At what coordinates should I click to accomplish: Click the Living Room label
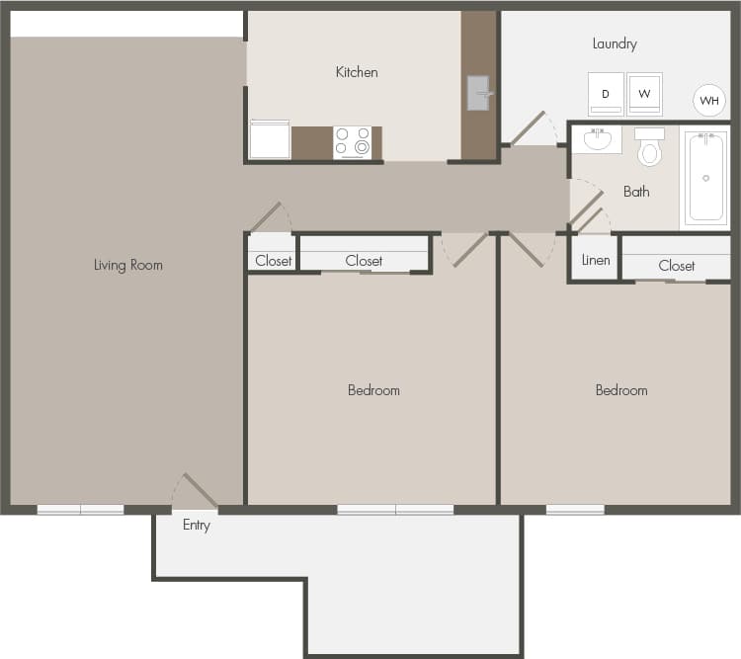pyautogui.click(x=127, y=265)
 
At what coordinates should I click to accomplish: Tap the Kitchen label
pyautogui.click(x=357, y=72)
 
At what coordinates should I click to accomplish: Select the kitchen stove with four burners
pyautogui.click(x=352, y=142)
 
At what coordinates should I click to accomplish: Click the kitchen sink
pyautogui.click(x=479, y=93)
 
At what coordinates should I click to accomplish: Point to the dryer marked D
pyautogui.click(x=606, y=94)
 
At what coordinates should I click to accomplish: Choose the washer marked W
pyautogui.click(x=644, y=94)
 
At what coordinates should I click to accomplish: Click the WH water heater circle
pyautogui.click(x=708, y=100)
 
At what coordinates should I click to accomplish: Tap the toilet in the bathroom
pyautogui.click(x=649, y=147)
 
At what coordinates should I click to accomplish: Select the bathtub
pyautogui.click(x=705, y=178)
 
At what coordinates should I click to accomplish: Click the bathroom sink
pyautogui.click(x=597, y=139)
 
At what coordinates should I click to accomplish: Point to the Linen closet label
pyautogui.click(x=596, y=261)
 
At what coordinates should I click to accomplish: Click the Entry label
pyautogui.click(x=197, y=526)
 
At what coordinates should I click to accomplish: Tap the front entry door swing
pyautogui.click(x=195, y=491)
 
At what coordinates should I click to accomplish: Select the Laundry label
pyautogui.click(x=615, y=43)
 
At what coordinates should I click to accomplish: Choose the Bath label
pyautogui.click(x=636, y=192)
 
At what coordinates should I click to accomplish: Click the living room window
pyautogui.click(x=81, y=510)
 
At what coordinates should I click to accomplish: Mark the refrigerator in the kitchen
pyautogui.click(x=269, y=140)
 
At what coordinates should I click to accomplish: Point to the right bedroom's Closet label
pyautogui.click(x=677, y=266)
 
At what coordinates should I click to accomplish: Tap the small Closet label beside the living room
pyautogui.click(x=273, y=261)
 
